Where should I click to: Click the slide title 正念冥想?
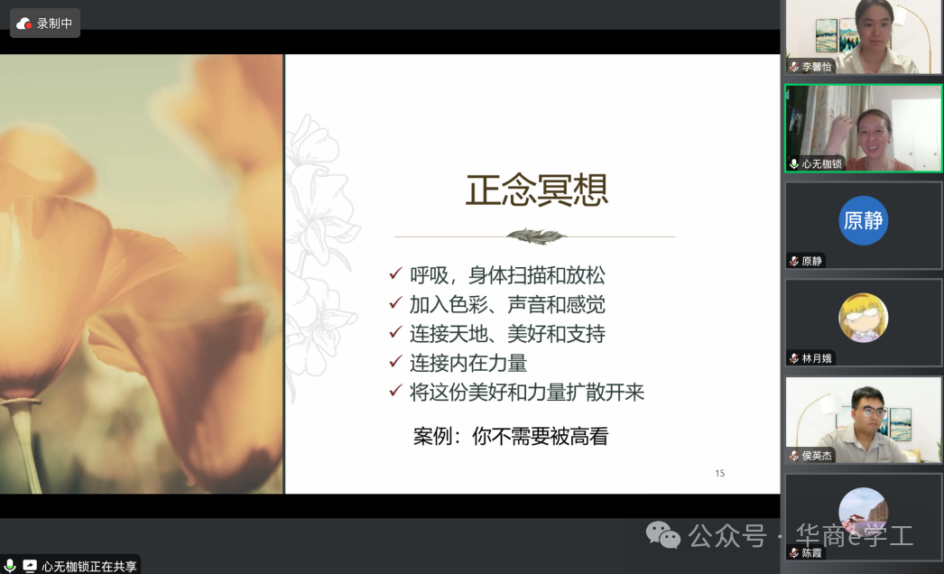tap(536, 190)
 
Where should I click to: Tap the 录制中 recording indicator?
tap(45, 23)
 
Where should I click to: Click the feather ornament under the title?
tap(536, 236)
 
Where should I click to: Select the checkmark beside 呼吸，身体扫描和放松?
tap(395, 274)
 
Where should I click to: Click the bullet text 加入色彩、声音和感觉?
tap(507, 305)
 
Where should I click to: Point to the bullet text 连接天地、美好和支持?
tap(507, 334)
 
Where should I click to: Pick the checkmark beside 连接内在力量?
tap(395, 361)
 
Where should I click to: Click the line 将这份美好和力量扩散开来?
tap(527, 392)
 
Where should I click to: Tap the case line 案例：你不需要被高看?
tap(511, 436)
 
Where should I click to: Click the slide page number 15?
tap(720, 474)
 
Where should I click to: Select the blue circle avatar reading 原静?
tap(864, 220)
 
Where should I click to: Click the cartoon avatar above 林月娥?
tap(864, 318)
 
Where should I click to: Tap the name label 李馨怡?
tap(817, 67)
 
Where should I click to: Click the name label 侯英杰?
tap(817, 456)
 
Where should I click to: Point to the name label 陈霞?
tap(811, 553)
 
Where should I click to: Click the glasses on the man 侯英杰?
tap(871, 412)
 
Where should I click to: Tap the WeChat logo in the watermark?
tap(662, 535)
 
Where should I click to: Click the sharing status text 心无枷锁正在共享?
tap(89, 566)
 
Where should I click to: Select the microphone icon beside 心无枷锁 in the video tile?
tap(794, 164)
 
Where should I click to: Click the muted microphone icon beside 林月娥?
tap(794, 358)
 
